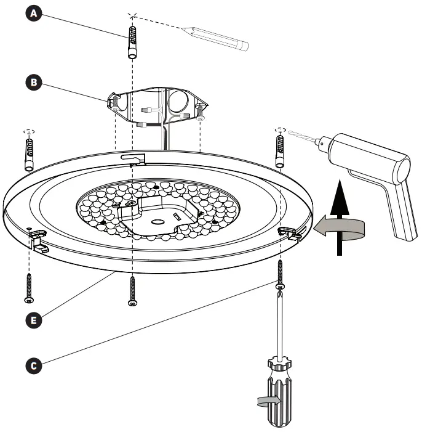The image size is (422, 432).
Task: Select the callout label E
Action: click(36, 319)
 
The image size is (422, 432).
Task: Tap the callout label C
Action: click(36, 365)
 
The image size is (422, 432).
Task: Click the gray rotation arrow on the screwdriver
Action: click(271, 401)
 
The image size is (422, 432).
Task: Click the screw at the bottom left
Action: click(28, 288)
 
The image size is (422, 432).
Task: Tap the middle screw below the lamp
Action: click(132, 291)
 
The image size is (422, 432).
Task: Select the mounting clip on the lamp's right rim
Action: click(291, 232)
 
